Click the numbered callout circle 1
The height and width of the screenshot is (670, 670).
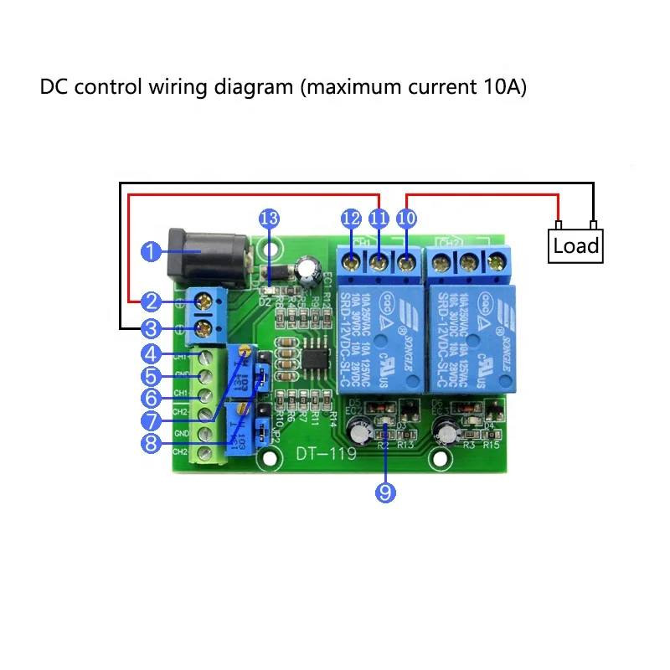pos(151,251)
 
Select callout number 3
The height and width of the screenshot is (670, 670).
pos(151,327)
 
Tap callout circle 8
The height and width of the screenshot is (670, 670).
pos(151,443)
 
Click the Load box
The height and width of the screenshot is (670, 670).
pos(576,245)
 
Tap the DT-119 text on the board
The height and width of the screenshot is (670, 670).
pos(324,455)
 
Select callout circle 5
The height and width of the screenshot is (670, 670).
pos(151,376)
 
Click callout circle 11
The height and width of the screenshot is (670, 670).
pos(379,219)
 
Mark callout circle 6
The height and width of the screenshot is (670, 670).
pos(151,397)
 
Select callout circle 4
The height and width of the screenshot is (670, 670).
pos(151,353)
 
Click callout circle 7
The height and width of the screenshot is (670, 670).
pos(151,420)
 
